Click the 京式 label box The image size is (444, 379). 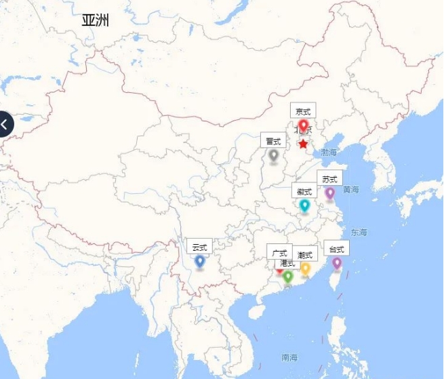coord(303,111)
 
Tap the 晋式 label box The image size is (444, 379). coord(273,141)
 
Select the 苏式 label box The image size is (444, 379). coord(329,179)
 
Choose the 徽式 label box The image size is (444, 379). coord(304,191)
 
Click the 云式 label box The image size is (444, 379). coord(199,247)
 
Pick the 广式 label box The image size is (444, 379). coord(279,252)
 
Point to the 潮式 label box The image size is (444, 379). coord(305,254)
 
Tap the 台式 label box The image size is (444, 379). coord(337,249)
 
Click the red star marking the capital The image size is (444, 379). coord(303,144)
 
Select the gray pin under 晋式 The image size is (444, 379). coord(273,155)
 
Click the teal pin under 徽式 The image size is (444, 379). coord(304,205)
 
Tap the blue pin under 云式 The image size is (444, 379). coord(199,260)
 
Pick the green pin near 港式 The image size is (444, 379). coord(288,276)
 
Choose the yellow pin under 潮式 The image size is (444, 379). coord(305,268)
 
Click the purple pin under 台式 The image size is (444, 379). coord(337,262)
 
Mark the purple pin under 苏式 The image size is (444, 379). coord(330,193)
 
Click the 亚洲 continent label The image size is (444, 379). coord(96,20)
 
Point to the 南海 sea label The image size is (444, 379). coord(289,357)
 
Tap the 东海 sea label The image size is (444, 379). coord(359,233)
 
